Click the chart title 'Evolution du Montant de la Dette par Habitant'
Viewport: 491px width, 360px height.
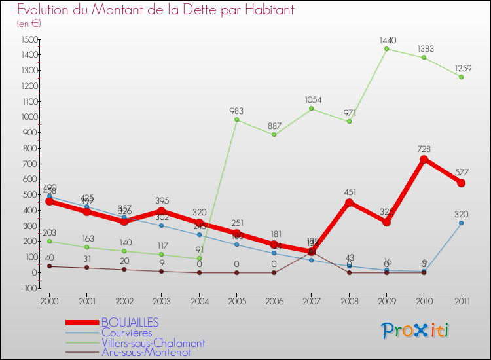155,10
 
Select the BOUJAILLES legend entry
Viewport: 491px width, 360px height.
130,323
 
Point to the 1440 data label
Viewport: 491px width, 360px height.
388,41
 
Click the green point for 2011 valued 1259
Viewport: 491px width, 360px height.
462,77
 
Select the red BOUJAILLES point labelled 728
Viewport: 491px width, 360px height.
424,159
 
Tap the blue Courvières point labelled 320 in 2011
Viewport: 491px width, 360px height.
462,223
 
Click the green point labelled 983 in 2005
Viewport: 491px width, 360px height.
236,120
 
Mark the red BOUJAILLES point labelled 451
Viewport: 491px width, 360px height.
349,202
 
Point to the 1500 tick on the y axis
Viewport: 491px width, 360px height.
29,39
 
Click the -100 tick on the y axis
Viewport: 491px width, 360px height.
28,288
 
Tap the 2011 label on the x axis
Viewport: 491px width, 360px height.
462,300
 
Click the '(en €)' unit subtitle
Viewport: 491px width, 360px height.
29,24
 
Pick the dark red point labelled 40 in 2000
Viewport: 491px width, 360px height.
49,266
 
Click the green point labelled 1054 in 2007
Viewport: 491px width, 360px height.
312,109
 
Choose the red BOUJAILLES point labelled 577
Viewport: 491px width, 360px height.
462,183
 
